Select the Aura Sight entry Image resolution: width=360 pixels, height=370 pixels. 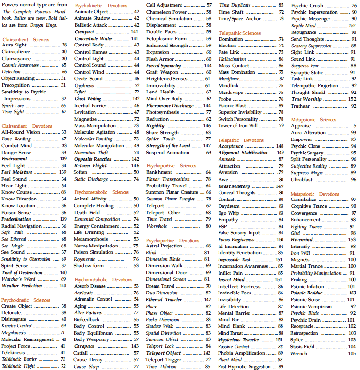tap(14, 45)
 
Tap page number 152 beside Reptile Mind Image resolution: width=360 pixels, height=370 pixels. tap(352, 25)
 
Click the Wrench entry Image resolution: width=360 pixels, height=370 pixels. tap(299, 353)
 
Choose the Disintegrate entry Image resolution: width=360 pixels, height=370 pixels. tap(14, 319)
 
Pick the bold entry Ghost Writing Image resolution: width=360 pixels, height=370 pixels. tap(88, 98)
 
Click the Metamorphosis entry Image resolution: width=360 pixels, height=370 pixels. tap(91, 239)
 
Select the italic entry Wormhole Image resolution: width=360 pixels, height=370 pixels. tap(156, 226)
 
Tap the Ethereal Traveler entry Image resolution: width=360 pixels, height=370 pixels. tap(164, 300)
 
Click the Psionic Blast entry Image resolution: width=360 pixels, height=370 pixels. tap(232, 106)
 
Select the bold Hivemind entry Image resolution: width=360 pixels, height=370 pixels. tap(301, 239)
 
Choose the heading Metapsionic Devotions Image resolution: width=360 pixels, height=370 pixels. tap(315, 193)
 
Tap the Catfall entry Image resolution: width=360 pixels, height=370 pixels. tap(80, 353)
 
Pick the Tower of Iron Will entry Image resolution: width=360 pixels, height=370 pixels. tap(237, 126)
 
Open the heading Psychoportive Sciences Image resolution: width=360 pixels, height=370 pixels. tap(171, 165)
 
